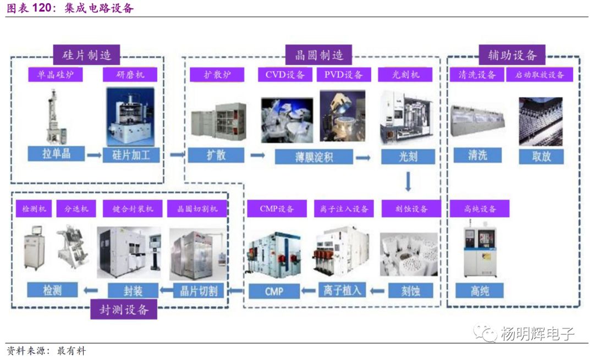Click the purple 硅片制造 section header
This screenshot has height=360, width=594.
coord(87,55)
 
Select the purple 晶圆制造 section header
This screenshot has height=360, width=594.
coord(318,55)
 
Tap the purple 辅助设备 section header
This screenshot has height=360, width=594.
coord(512,55)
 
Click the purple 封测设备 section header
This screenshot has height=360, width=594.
coord(124,309)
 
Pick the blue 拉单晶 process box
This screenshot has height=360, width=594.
coord(56,154)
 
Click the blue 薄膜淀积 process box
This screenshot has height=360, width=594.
coord(313,157)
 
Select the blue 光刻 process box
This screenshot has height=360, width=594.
coord(408,156)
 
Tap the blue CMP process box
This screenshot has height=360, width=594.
coord(274,291)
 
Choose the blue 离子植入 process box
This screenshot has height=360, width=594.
coord(342,290)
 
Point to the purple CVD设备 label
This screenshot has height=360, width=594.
coord(285,75)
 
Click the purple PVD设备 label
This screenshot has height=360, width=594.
coord(343,75)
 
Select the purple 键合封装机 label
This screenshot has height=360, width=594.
coord(133,209)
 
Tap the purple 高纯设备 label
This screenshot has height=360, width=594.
coord(480,209)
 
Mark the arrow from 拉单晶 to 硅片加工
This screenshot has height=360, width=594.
coord(94,155)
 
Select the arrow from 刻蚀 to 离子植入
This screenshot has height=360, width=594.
coord(377,291)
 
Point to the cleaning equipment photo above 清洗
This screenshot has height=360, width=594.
coord(477,120)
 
